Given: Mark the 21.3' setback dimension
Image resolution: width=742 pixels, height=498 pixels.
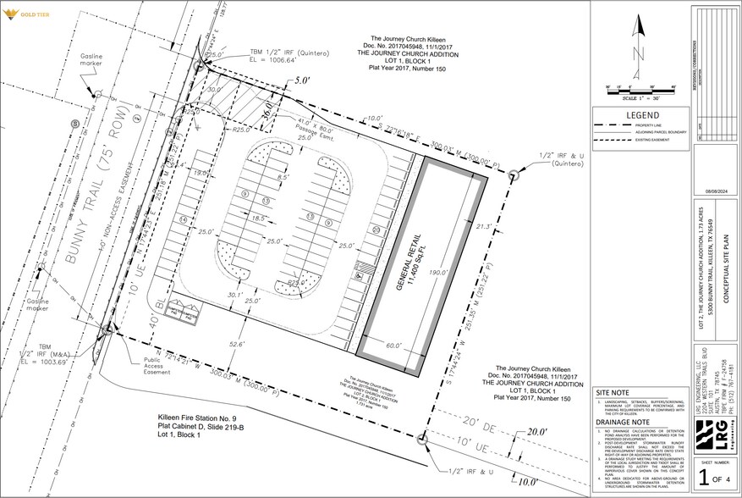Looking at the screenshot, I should [x=484, y=226].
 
